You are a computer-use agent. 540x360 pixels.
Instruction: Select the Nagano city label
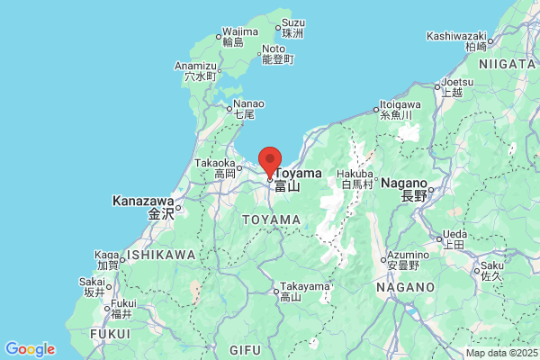(x=409, y=183)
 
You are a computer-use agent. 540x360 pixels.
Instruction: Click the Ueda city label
(x=454, y=236)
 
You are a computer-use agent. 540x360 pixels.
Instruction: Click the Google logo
(x=30, y=348)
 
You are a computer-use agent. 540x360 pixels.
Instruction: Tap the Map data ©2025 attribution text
(x=500, y=353)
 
